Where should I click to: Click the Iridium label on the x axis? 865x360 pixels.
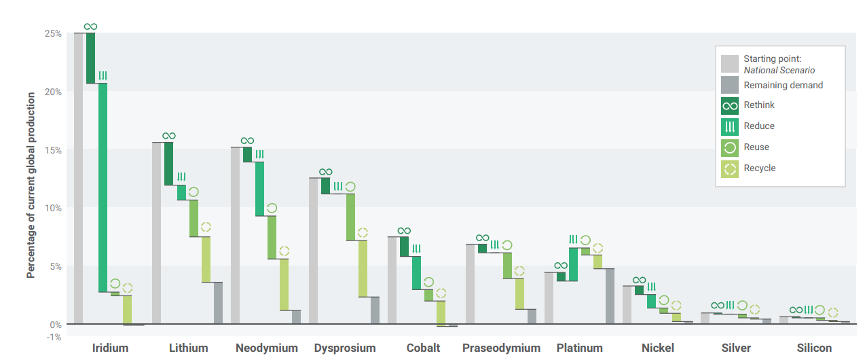pyautogui.click(x=110, y=348)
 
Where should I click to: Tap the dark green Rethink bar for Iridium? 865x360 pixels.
pyautogui.click(x=90, y=58)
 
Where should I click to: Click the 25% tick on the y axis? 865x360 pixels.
pyautogui.click(x=54, y=33)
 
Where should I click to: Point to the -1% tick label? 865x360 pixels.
pyautogui.click(x=54, y=336)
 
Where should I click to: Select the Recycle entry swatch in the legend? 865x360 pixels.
pyautogui.click(x=730, y=168)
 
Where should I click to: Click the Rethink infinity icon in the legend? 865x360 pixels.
pyautogui.click(x=730, y=106)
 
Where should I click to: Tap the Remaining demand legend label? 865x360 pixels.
pyautogui.click(x=783, y=86)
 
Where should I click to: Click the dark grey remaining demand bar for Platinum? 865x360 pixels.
pyautogui.click(x=610, y=296)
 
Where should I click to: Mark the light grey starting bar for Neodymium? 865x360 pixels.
pyautogui.click(x=235, y=235)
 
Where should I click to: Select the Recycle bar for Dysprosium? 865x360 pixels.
pyautogui.click(x=363, y=268)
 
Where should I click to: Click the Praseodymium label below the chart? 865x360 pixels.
pyautogui.click(x=501, y=348)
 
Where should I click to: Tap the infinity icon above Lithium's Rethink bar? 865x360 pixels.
pyautogui.click(x=168, y=137)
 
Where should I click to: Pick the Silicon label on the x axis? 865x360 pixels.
pyautogui.click(x=815, y=348)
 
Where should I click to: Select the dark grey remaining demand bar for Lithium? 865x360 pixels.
pyautogui.click(x=218, y=303)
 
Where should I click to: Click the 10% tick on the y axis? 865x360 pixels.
pyautogui.click(x=54, y=208)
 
